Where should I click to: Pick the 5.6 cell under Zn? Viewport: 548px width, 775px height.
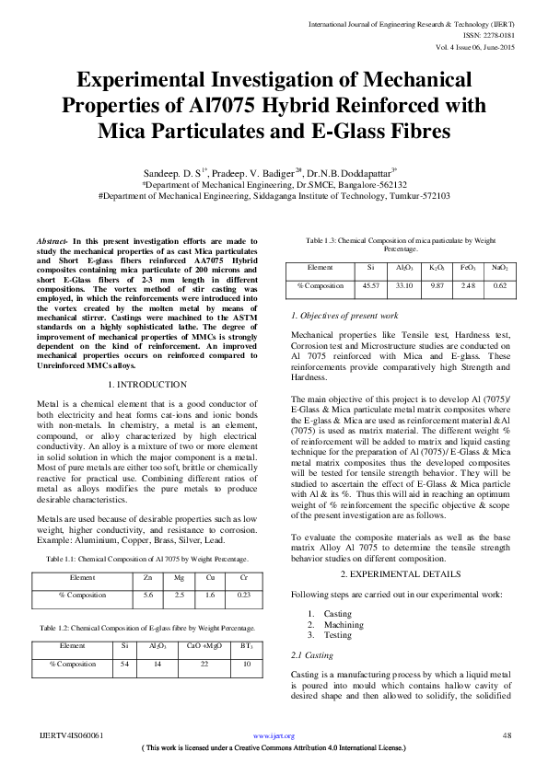point(148,596)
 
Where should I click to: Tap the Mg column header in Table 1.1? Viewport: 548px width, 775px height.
point(179,578)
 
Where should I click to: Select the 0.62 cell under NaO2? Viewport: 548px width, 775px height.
point(499,286)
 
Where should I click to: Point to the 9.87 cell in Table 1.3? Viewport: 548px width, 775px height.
point(437,286)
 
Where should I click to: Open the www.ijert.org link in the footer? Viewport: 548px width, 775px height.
point(274,735)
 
